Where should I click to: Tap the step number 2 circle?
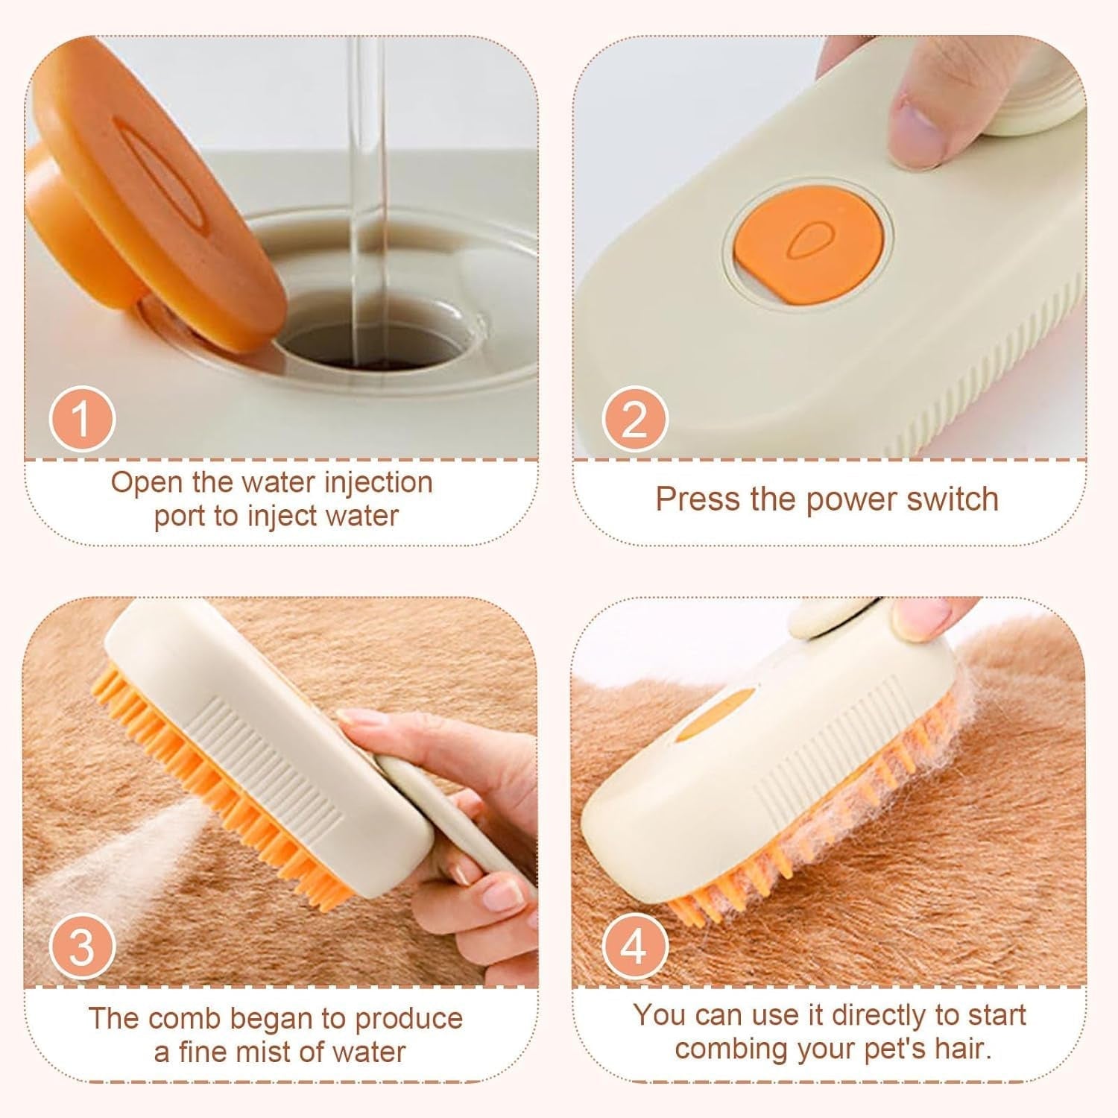tap(634, 419)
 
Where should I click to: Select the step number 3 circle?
tap(82, 947)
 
